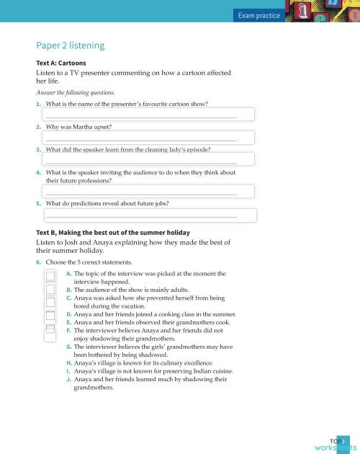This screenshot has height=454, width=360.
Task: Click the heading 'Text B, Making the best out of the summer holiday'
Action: [x=112, y=233]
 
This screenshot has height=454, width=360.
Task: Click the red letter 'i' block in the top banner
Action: [x=303, y=12]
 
